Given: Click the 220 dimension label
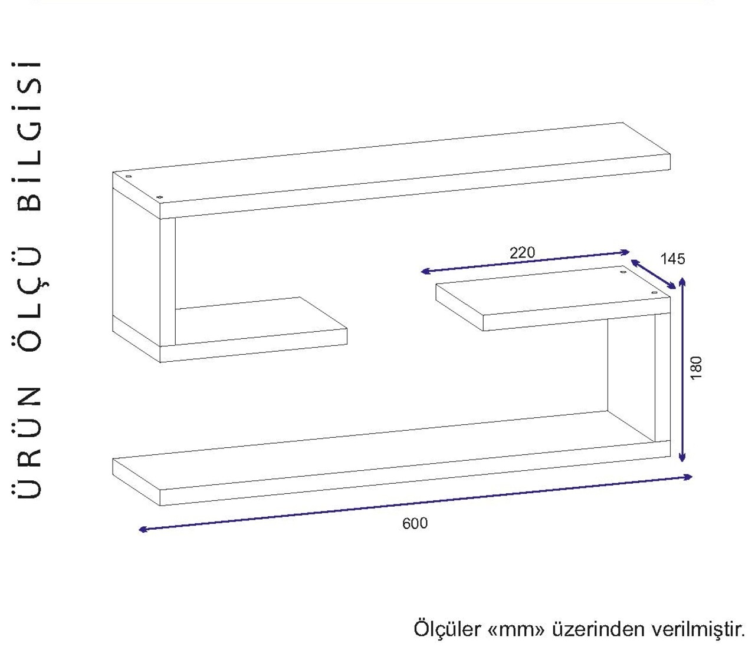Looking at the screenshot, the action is coord(522,253).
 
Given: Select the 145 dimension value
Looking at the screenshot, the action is coord(672,259).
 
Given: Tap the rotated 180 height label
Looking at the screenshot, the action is coord(696,368).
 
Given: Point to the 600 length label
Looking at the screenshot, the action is coord(415,524).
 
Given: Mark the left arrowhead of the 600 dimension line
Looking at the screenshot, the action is coord(143,530).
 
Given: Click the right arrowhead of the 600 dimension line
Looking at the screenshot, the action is coord(688,477).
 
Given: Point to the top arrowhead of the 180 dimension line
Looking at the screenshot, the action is coord(682,282).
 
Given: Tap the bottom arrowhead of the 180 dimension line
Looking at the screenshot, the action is coord(682,457).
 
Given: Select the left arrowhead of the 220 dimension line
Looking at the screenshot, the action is coord(425,271).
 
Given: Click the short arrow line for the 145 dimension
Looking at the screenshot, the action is coord(653,274).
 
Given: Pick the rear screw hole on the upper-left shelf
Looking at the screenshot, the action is coord(128,177).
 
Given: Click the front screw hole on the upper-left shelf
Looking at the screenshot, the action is coord(159,197).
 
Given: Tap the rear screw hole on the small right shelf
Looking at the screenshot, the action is coord(623,272).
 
